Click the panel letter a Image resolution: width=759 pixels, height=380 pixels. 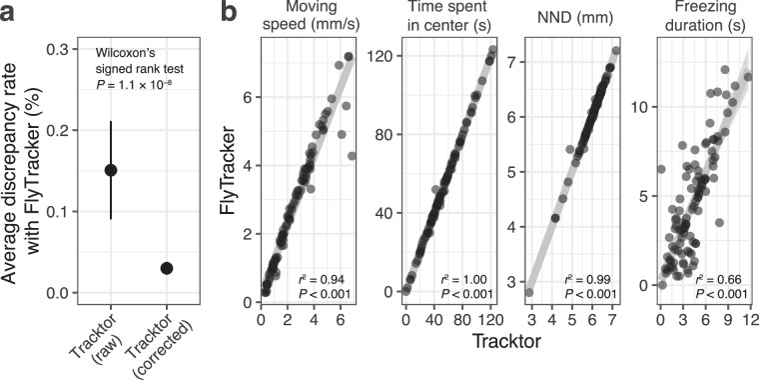point(11,13)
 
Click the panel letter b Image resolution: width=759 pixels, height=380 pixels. point(229,13)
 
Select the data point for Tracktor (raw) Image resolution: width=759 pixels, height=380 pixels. point(111,170)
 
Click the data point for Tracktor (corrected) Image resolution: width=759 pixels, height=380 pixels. point(167,268)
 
